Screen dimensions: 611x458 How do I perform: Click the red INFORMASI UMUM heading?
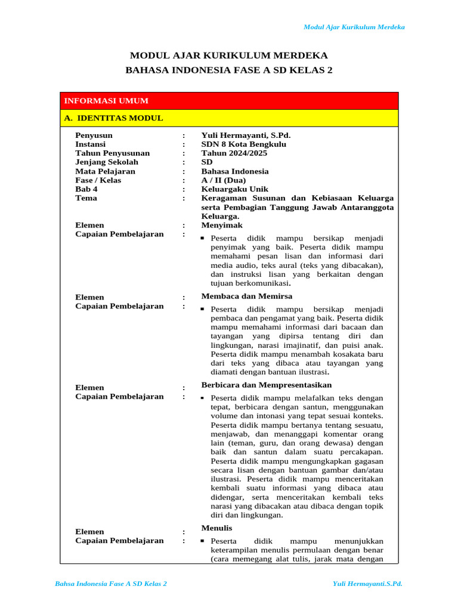pos(106,101)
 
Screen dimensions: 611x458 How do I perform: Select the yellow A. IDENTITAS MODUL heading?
pos(113,118)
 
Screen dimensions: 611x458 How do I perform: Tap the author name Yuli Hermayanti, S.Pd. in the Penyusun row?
pos(246,135)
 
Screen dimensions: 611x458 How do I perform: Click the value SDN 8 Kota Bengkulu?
pos(243,144)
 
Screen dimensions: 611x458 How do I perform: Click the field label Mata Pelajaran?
pos(105,171)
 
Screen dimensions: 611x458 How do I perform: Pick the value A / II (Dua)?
pos(224,180)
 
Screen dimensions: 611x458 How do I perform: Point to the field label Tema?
pos(86,198)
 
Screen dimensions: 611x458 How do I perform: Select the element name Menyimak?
pos(222,226)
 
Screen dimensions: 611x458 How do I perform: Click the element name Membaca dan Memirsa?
pos(247,297)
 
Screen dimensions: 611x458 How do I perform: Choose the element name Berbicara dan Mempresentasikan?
pos(267,385)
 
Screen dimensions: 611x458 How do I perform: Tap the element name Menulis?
pos(216,529)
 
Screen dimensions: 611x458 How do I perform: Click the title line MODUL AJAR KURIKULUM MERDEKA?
pos(229,55)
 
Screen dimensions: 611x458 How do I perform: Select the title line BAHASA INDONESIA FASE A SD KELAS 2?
pos(229,70)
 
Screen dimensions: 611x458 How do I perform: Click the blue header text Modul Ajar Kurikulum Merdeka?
pos(354,27)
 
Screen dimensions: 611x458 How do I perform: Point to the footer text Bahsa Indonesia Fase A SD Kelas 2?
pos(111,583)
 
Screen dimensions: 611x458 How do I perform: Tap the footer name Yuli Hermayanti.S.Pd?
pos(367,583)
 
